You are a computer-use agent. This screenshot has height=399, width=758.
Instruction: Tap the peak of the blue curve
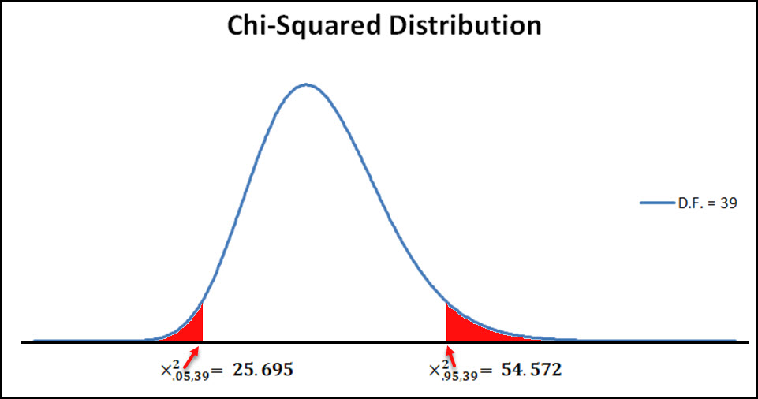306,84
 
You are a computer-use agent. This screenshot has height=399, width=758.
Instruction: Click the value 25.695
262,369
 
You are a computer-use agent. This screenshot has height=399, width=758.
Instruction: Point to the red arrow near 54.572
450,354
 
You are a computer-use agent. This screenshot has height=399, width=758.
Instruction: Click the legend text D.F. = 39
708,203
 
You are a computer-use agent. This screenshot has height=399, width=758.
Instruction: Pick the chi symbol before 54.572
434,371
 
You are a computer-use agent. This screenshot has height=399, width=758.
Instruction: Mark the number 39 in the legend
728,203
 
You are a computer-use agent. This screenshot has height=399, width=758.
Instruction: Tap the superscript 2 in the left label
179,362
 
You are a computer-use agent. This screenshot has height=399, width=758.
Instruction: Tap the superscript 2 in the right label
446,362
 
